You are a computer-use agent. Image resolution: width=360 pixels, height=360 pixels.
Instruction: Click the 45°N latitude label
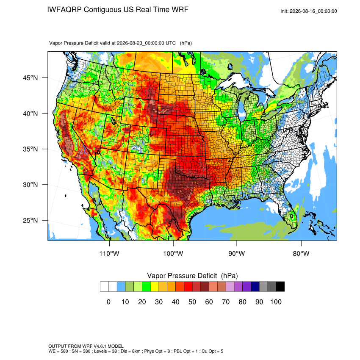click(30, 78)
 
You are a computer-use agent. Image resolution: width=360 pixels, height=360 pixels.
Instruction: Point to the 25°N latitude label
click(30, 220)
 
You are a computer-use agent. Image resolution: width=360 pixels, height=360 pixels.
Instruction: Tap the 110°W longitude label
click(109, 253)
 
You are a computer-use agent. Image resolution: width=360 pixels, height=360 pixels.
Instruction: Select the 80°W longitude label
click(301, 253)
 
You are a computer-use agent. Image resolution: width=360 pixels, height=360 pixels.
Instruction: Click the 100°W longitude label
click(173, 253)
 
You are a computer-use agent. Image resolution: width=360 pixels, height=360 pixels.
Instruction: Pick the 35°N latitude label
click(30, 149)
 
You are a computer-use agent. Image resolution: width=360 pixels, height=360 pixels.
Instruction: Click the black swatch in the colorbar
click(280, 287)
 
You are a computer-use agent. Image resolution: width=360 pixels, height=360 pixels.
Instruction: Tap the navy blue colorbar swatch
click(255, 287)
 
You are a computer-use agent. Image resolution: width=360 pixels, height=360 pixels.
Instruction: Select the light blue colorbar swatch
click(121, 287)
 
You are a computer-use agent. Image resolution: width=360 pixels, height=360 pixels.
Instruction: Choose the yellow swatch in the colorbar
click(155, 287)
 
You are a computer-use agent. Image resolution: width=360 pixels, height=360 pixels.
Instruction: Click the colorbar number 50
click(192, 302)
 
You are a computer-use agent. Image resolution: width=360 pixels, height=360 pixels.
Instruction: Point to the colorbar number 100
click(276, 302)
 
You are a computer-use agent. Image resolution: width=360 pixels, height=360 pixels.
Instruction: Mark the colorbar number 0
click(108, 302)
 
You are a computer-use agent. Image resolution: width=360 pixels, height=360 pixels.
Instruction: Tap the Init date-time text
click(309, 11)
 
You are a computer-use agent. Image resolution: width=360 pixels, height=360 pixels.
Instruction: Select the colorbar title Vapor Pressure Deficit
click(182, 276)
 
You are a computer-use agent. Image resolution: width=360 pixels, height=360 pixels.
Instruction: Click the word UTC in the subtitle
click(171, 43)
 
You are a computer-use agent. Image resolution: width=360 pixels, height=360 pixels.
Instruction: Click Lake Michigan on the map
click(242, 108)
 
